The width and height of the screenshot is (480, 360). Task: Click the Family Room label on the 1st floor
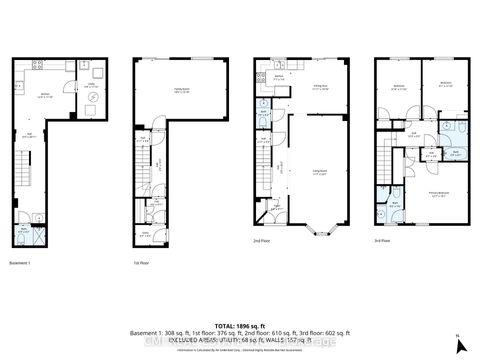[x=183, y=90]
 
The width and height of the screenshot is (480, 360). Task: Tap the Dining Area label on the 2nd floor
[x=322, y=88]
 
